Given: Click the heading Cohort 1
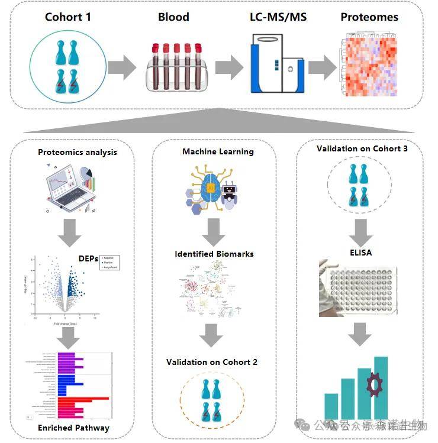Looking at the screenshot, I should tap(68, 17).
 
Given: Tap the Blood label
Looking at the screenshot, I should tap(173, 17).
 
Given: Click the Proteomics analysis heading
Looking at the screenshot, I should tap(78, 152).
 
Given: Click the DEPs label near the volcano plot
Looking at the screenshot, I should tap(89, 258).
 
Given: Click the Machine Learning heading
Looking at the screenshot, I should tap(218, 151).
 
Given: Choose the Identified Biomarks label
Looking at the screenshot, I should tap(214, 254).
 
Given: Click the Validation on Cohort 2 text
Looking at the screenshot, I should tap(212, 362).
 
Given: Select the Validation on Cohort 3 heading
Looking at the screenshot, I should tap(362, 148).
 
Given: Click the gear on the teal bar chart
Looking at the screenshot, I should tap(374, 385).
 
